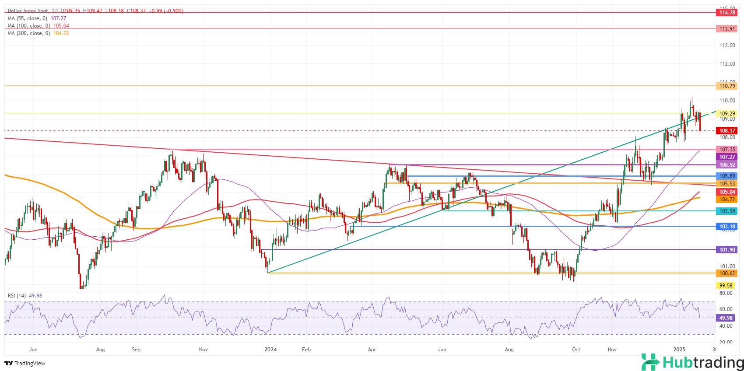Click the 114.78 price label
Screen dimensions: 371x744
(727, 13)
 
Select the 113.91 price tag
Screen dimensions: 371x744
(727, 29)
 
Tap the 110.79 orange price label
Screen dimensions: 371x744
(727, 86)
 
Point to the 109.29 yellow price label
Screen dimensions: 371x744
(727, 114)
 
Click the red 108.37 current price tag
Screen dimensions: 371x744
(727, 131)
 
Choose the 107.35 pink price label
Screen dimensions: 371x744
(727, 150)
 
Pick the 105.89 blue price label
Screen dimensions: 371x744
(727, 176)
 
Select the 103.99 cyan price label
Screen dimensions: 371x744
(727, 211)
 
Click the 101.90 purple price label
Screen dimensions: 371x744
(727, 250)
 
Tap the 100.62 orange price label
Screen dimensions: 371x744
(727, 273)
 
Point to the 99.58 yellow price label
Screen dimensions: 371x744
(726, 286)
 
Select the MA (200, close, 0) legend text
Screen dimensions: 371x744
(29, 33)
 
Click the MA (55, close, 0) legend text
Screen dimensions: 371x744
(28, 18)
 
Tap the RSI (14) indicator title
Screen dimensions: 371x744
(18, 296)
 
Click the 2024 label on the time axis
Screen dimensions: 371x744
(270, 350)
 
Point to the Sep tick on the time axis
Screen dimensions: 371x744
(136, 350)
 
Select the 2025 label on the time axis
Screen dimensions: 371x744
(679, 350)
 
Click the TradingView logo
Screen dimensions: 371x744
(25, 363)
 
